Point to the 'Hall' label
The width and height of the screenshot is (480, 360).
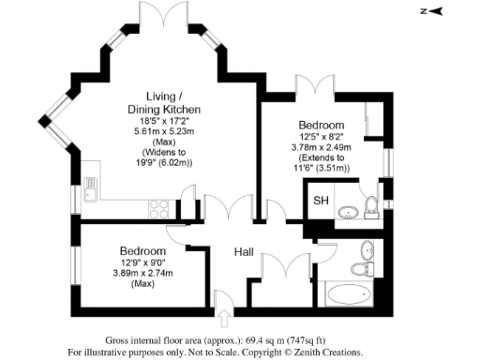pyautogui.click(x=245, y=251)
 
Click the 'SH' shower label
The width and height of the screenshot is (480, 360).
pyautogui.click(x=321, y=201)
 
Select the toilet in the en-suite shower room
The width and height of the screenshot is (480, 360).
pyautogui.click(x=371, y=207)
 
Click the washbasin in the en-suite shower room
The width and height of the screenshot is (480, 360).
pyautogui.click(x=346, y=211)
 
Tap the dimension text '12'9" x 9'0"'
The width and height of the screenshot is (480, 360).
pyautogui.click(x=142, y=263)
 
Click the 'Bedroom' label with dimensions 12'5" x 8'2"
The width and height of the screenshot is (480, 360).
pyautogui.click(x=322, y=125)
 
